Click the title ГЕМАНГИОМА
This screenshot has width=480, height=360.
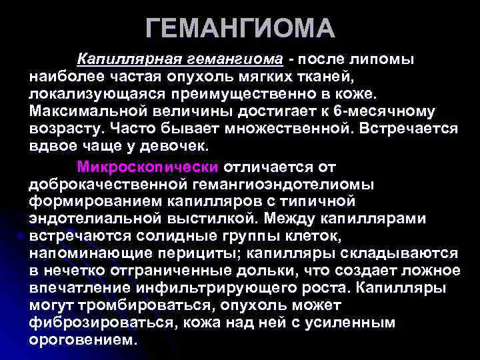coord(240,29)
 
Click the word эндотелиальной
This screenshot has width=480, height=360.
coord(89,217)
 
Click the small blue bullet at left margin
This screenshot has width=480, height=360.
coord(22,235)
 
